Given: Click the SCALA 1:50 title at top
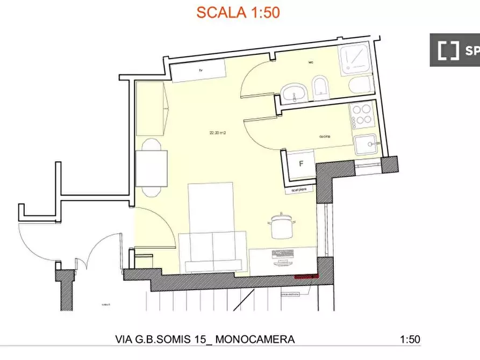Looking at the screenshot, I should coord(238,12).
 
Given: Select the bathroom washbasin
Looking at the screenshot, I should coord(293,93).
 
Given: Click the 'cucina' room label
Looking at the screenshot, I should coord(324,137).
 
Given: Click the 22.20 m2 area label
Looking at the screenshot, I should coord(217,133).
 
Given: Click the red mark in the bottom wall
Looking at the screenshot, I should coord(306,276).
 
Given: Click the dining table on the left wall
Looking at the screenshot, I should coord(151,168).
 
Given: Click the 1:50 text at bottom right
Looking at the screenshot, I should coord(410,340).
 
